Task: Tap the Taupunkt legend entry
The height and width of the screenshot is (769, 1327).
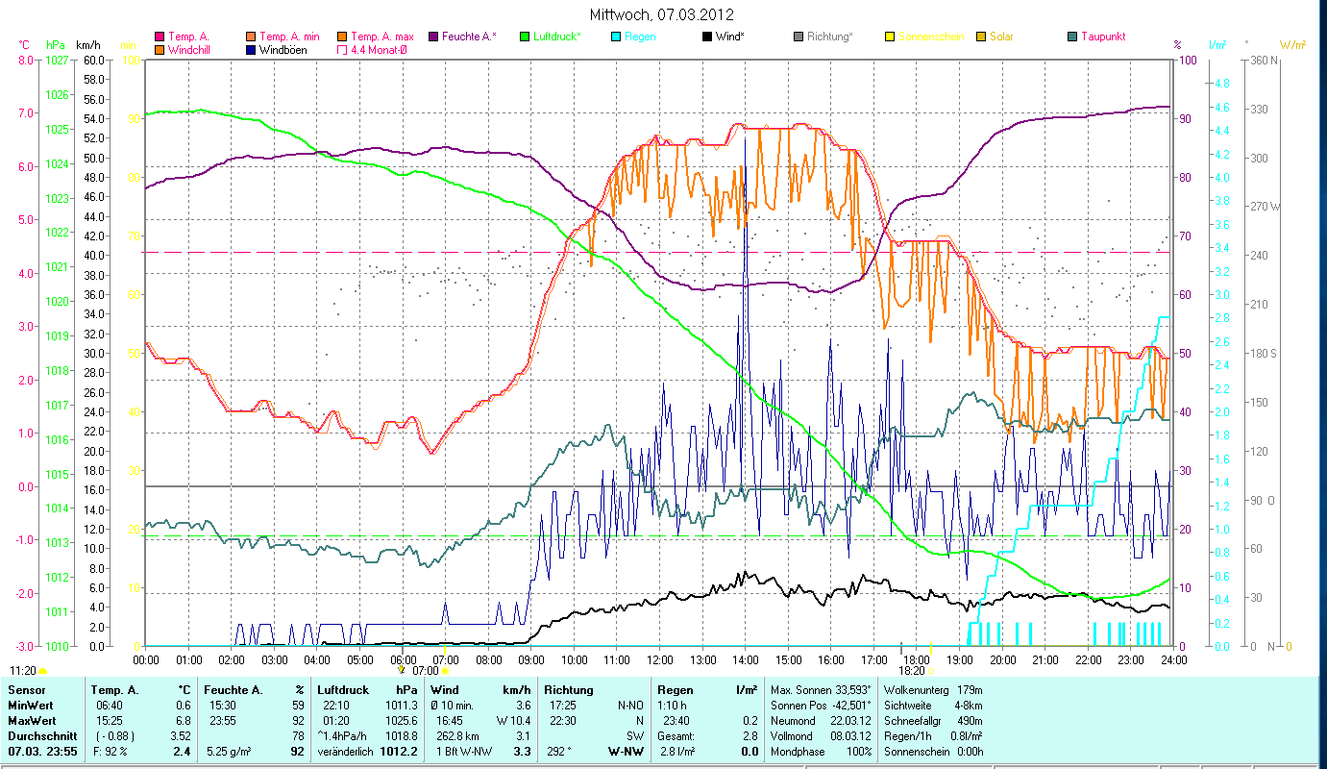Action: (1102, 37)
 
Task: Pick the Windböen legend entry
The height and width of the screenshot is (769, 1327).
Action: (283, 49)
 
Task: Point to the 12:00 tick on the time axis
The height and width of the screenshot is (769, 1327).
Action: (660, 659)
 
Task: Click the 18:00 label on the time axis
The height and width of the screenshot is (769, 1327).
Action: (917, 659)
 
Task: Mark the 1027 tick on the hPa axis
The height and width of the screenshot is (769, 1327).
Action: (57, 61)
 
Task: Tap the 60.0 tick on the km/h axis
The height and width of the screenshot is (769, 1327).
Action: (93, 61)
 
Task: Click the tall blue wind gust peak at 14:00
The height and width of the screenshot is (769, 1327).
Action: (745, 139)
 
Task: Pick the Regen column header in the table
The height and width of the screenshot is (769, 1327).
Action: (675, 690)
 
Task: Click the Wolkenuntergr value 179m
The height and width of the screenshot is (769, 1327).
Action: (976, 690)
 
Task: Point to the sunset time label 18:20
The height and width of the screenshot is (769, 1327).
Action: (912, 670)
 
